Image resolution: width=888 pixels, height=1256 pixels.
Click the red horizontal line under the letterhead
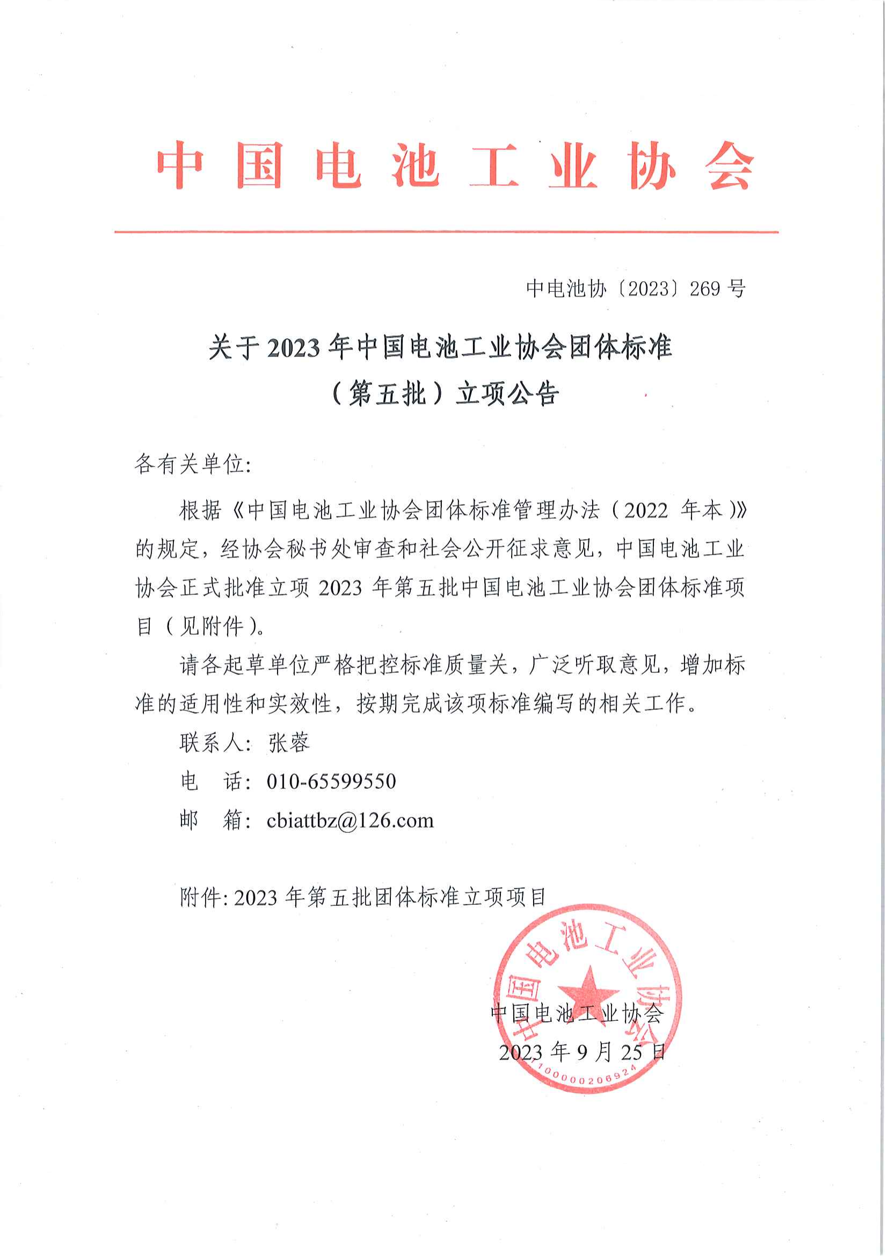(446, 232)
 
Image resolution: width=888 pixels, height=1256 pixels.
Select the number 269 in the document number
(705, 288)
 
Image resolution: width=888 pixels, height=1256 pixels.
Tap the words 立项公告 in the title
(507, 393)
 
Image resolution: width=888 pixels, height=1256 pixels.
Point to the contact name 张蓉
(289, 742)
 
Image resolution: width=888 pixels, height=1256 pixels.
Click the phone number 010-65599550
(331, 781)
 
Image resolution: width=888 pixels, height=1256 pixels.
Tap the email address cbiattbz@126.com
(350, 820)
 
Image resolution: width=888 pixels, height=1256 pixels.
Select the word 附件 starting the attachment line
(200, 897)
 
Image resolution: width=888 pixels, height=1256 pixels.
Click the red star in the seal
(588, 991)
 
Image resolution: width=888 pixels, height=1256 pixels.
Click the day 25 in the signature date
(631, 1052)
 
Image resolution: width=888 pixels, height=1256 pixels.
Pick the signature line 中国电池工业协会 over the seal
(577, 1013)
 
